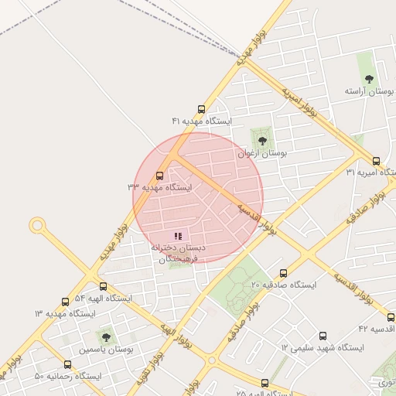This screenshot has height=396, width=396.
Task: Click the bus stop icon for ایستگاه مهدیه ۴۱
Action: [202, 109]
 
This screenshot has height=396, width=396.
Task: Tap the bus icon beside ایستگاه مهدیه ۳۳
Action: [160, 176]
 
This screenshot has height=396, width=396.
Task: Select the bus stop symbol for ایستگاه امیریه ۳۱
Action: [376, 161]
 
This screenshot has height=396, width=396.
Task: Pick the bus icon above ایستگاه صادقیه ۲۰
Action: [283, 273]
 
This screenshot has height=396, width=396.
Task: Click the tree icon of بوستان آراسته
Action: [368, 79]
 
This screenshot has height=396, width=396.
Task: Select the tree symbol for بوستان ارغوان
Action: [262, 141]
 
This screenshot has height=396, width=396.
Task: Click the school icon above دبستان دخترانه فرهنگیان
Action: [179, 236]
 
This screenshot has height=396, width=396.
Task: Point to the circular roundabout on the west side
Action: [36, 225]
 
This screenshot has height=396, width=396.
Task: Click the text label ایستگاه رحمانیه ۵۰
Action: [68, 376]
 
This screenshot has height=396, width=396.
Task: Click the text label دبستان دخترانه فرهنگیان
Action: [179, 253]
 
